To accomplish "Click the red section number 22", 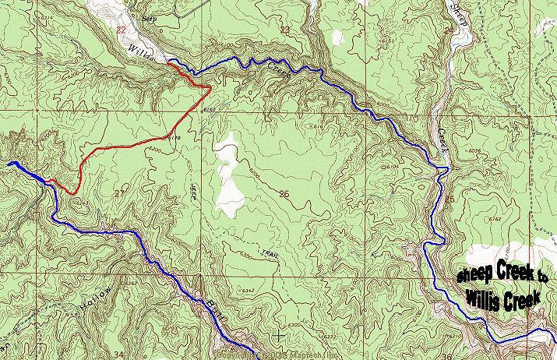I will coord(120,30).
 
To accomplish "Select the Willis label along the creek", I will coord(146,55).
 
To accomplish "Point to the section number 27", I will coord(119,192).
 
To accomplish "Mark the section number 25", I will coord(449,199).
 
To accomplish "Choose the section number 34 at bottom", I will coord(118,355).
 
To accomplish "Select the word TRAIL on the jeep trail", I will coord(270,253).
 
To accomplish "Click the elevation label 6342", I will coord(249,291).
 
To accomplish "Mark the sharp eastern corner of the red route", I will coord(210,89).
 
